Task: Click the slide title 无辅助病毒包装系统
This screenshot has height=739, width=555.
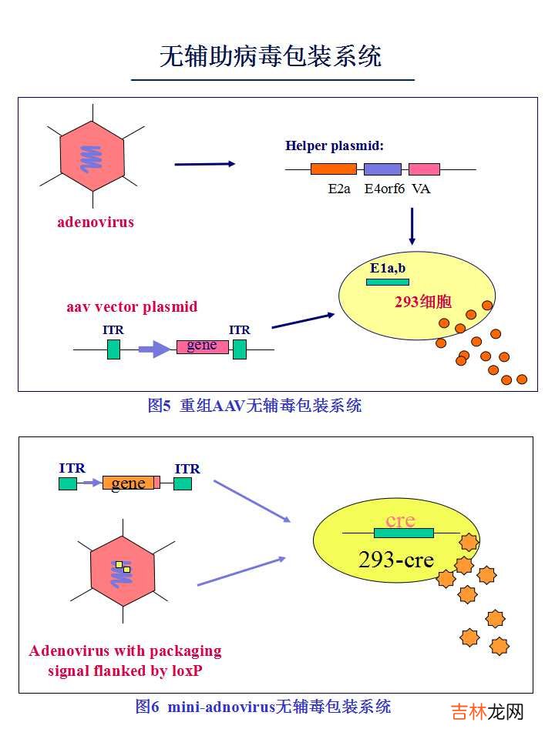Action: [271, 56]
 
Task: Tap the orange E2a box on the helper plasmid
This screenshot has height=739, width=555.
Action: [334, 169]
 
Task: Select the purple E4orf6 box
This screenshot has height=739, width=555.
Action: [383, 169]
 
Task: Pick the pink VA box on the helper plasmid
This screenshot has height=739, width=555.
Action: [424, 169]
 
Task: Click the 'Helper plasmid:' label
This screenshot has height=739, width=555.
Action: [335, 145]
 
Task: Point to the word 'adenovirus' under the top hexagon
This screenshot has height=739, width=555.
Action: [96, 222]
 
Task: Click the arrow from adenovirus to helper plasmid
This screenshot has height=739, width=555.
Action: [204, 163]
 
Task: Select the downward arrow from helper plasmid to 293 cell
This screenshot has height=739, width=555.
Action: [412, 226]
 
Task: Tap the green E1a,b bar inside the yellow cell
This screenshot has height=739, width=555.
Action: [388, 282]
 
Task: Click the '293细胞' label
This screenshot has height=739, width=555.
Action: [423, 303]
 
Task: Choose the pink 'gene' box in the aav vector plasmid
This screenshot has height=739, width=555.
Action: [203, 346]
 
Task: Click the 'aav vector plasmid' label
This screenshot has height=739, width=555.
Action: [132, 307]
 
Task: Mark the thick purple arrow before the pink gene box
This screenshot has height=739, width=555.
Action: [154, 349]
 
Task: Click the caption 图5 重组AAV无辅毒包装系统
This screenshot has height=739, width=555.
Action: [254, 405]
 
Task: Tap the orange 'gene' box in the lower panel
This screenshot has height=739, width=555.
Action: [130, 483]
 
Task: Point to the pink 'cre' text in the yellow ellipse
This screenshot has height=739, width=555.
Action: [400, 520]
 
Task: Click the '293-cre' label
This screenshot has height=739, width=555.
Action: [396, 560]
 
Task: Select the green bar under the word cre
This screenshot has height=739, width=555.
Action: [403, 533]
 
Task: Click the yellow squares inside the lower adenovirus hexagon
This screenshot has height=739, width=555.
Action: [123, 567]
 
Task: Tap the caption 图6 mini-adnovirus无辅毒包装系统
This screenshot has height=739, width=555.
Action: [263, 706]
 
